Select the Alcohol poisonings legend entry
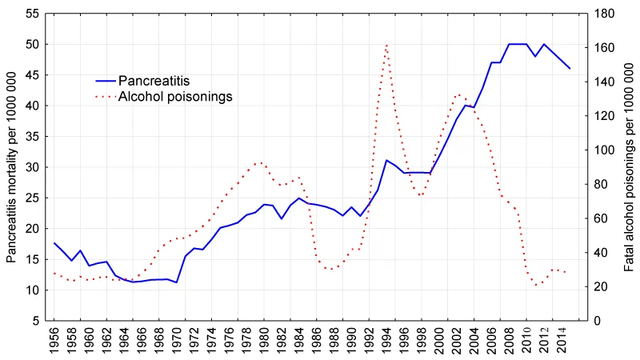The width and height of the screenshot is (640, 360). click(174, 97)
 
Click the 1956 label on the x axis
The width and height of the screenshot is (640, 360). click(54, 341)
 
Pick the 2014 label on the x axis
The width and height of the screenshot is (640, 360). click(562, 341)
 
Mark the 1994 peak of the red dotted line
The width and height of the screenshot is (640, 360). click(387, 45)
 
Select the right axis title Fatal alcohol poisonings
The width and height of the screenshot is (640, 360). click(629, 166)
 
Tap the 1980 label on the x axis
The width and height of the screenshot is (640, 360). click(265, 341)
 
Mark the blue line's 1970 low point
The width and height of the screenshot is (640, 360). click(177, 282)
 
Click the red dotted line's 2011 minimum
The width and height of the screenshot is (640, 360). click(536, 286)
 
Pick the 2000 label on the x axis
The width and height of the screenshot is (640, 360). click(440, 341)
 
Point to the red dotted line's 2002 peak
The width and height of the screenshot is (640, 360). click(458, 94)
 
